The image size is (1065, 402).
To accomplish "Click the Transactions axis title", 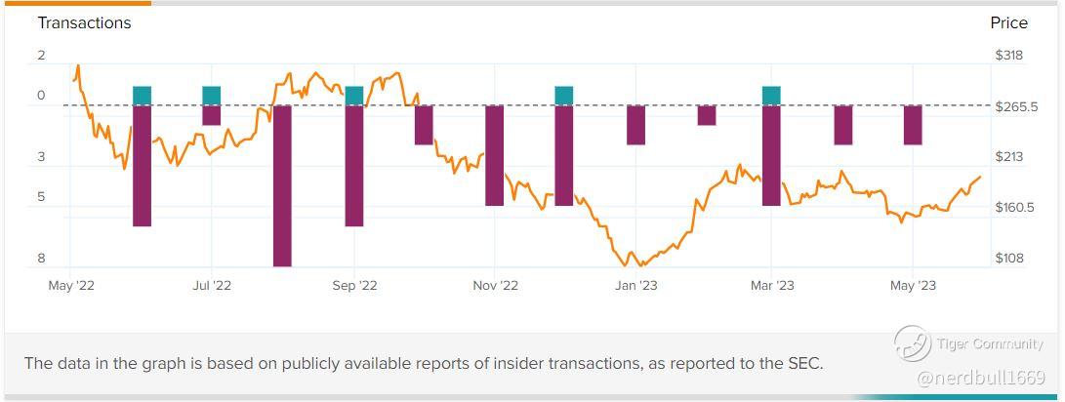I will pyautogui.click(x=84, y=22).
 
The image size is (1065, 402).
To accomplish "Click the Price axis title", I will pyautogui.click(x=1008, y=22).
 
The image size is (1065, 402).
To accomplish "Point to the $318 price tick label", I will pyautogui.click(x=1008, y=56).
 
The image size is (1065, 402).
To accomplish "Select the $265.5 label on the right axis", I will pyautogui.click(x=1015, y=106).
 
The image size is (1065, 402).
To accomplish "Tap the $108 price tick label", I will pyautogui.click(x=1008, y=259).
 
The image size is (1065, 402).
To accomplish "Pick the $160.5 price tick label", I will pyautogui.click(x=1015, y=208).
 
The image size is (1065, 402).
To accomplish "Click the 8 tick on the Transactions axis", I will pyautogui.click(x=42, y=259).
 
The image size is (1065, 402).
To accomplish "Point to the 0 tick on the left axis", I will pyautogui.click(x=42, y=96).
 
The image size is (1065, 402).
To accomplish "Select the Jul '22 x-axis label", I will pyautogui.click(x=212, y=286).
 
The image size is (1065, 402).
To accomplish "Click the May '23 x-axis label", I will pyautogui.click(x=913, y=286).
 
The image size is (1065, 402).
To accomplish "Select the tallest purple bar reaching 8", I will pyautogui.click(x=282, y=185).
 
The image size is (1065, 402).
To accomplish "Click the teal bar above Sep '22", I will pyautogui.click(x=354, y=96).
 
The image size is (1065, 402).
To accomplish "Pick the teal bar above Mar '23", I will pyautogui.click(x=771, y=96).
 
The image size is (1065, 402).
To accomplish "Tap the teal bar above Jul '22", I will pyautogui.click(x=212, y=96).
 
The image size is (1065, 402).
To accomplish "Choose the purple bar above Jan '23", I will pyautogui.click(x=636, y=125).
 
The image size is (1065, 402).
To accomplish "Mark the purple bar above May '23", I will pyautogui.click(x=913, y=125).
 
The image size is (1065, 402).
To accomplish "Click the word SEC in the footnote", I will pyautogui.click(x=802, y=364).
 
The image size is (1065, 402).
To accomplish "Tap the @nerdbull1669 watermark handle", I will pyautogui.click(x=981, y=378).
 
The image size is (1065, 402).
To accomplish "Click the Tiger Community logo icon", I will pyautogui.click(x=912, y=344).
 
